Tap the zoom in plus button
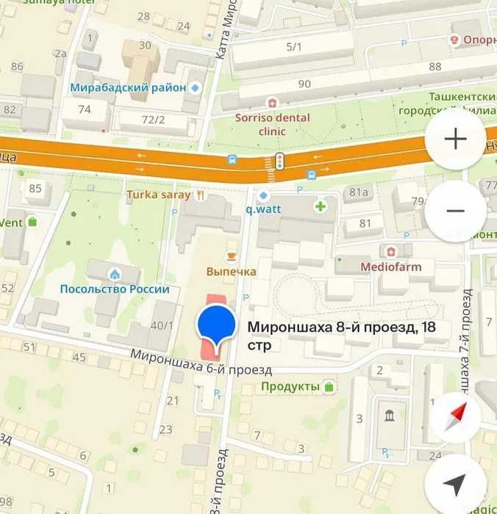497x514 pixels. click(456, 140)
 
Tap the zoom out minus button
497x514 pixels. click(456, 211)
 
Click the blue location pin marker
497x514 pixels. click(217, 327)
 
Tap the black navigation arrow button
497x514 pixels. click(456, 483)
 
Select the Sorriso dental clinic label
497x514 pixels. click(272, 124)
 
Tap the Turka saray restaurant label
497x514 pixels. click(158, 195)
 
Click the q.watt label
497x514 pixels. click(264, 208)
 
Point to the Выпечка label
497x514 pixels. click(231, 272)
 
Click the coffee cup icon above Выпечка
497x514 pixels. click(232, 255)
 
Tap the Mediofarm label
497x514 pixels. click(390, 267)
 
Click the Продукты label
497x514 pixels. click(290, 386)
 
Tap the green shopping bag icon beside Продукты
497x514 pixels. click(329, 386)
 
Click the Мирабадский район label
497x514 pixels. click(128, 87)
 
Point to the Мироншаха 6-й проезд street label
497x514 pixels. click(201, 362)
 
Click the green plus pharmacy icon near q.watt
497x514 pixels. click(321, 206)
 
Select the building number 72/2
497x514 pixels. click(154, 118)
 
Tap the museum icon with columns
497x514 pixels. click(388, 416)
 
